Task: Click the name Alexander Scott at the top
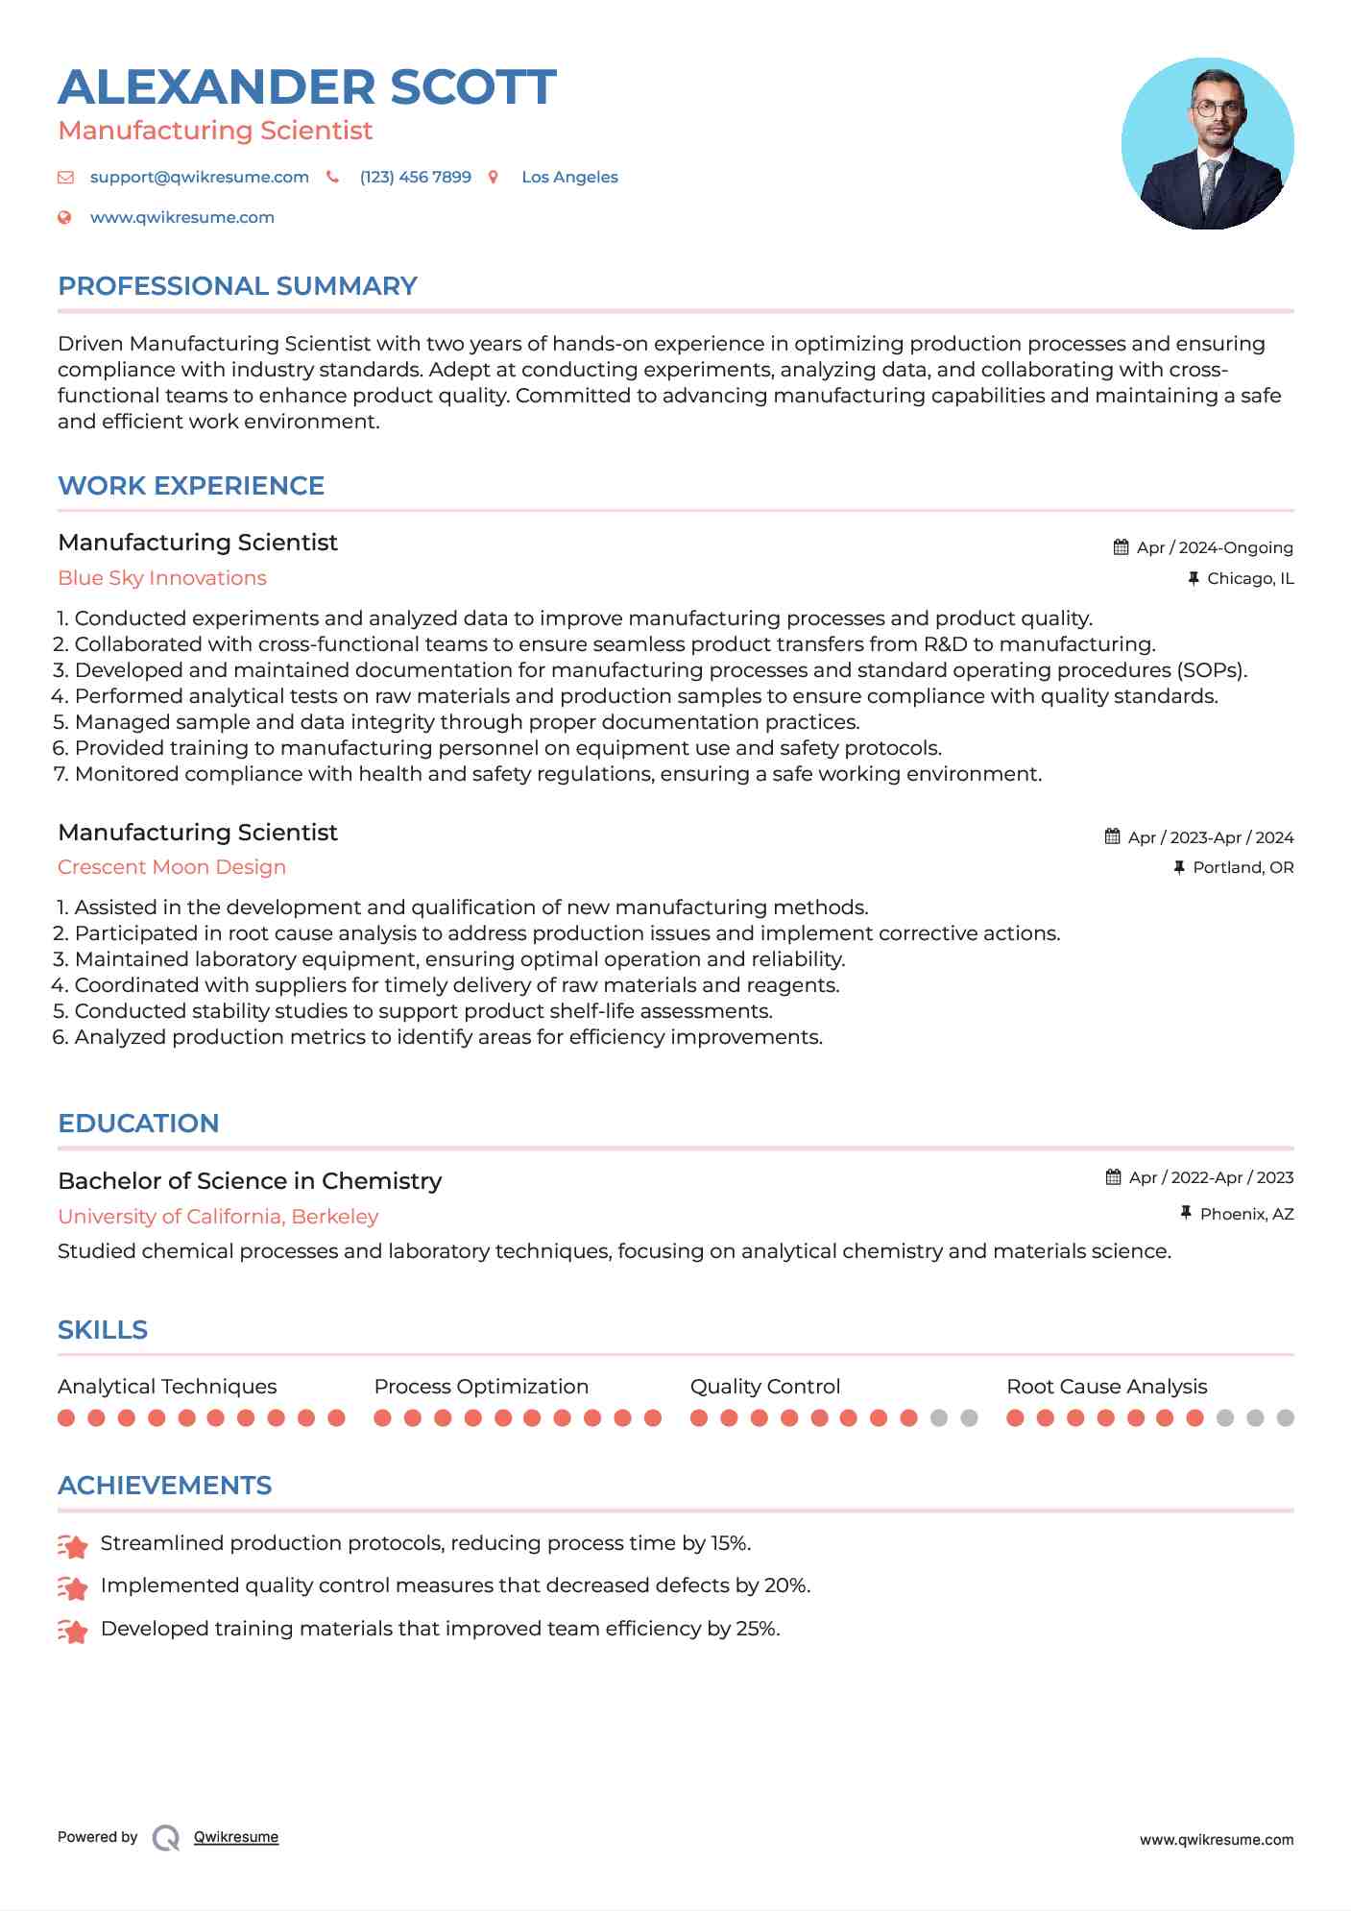(x=307, y=87)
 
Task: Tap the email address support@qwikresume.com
(x=199, y=177)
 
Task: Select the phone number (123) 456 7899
(x=415, y=177)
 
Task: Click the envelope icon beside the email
(x=65, y=177)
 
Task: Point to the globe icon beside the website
(x=64, y=218)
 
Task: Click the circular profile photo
(x=1207, y=144)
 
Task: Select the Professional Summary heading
(x=237, y=286)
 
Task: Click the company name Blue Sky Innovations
(x=162, y=578)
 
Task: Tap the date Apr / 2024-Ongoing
(x=1214, y=547)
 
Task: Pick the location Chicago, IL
(x=1249, y=578)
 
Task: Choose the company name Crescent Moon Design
(x=172, y=867)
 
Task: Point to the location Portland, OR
(x=1242, y=867)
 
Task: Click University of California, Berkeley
(x=218, y=1217)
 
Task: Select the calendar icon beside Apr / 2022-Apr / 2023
(x=1113, y=1177)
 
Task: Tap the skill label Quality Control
(x=764, y=1387)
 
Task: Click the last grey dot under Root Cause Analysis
(x=1285, y=1418)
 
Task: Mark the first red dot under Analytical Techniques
(x=66, y=1418)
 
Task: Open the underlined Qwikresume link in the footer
(x=236, y=1837)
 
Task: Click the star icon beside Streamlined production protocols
(x=73, y=1545)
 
